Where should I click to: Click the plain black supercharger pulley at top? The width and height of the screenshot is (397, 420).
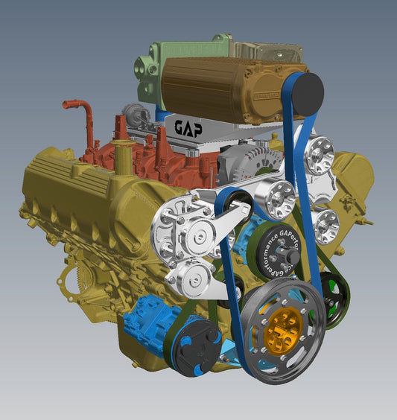[x=307, y=94]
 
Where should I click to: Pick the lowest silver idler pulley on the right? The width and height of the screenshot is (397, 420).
[x=325, y=223]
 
